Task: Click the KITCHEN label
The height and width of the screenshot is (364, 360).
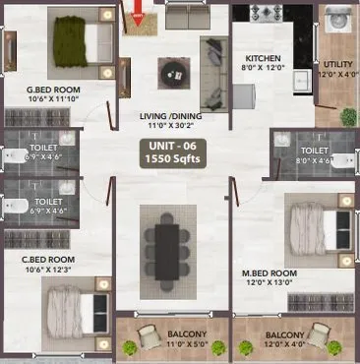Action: [x=263, y=58]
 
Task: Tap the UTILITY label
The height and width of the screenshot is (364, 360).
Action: [x=334, y=64]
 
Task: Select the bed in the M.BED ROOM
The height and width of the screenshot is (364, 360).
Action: [x=315, y=222]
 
